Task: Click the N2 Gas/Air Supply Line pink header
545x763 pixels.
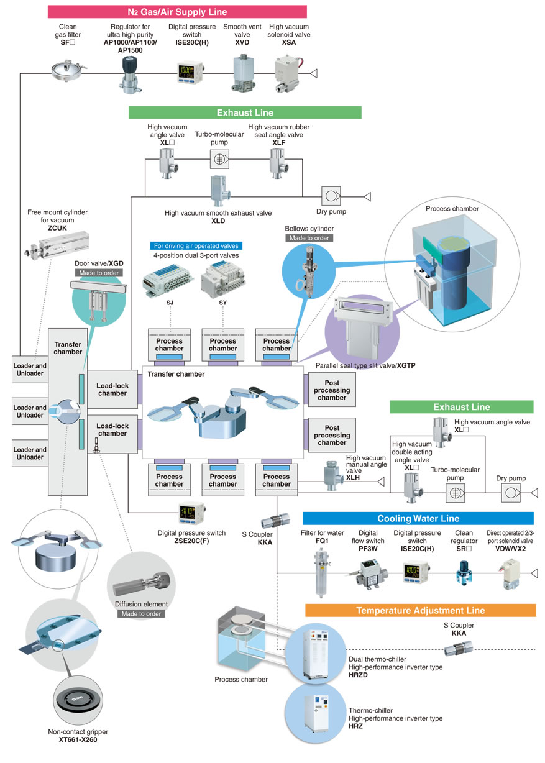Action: (177, 12)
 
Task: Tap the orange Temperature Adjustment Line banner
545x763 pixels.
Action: (420, 610)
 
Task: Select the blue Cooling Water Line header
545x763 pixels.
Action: (418, 518)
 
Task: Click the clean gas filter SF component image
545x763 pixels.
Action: (68, 70)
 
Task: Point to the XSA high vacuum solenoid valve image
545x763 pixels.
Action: (289, 75)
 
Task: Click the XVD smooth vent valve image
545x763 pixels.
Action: (243, 73)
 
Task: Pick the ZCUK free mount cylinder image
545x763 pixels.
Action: (57, 245)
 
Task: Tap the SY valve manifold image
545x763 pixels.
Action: (222, 279)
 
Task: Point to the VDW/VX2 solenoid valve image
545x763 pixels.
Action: (511, 574)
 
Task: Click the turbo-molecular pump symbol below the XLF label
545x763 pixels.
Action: (219, 159)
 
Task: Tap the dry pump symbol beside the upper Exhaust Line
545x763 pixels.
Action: (331, 196)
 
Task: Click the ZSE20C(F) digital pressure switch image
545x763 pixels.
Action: (191, 513)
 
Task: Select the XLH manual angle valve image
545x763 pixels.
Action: (332, 475)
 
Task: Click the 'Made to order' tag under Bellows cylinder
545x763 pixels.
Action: (309, 238)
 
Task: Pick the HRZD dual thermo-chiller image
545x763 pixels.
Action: (316, 654)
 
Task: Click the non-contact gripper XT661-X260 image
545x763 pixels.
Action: (78, 700)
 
